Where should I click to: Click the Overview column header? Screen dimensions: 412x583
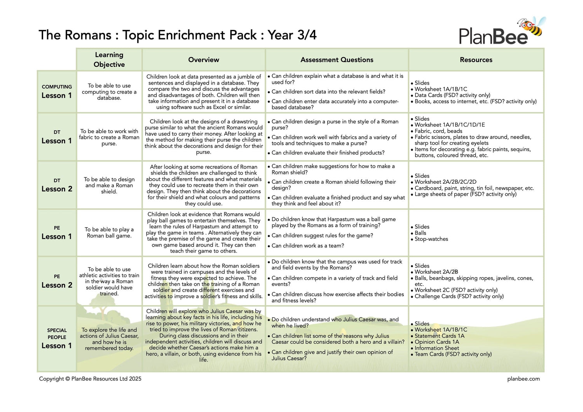coord(203,60)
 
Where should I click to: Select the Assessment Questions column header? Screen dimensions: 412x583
coord(337,60)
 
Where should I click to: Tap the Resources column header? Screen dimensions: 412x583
coord(476,60)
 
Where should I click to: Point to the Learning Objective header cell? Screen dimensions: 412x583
coord(109,60)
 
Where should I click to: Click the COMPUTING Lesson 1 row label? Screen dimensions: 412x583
coord(57,92)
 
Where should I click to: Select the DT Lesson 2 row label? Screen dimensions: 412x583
coord(57,185)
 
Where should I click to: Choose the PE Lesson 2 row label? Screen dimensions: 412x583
coord(57,281)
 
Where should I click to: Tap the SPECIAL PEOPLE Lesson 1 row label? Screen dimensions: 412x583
coord(57,338)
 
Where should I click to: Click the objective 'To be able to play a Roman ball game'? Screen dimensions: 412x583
coord(109,233)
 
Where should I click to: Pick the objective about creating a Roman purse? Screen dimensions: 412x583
coord(109,137)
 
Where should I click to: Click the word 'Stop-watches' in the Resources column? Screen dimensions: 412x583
coord(431,239)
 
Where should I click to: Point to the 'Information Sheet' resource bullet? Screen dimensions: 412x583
coord(436,348)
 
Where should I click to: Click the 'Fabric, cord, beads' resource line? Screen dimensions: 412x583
coord(438,131)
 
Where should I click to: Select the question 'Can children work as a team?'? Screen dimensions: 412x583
coord(307,246)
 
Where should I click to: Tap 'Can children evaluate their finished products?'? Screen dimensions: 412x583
coord(328,153)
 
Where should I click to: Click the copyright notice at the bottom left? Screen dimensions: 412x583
coord(90,379)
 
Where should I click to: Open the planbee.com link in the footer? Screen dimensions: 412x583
coord(523,379)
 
